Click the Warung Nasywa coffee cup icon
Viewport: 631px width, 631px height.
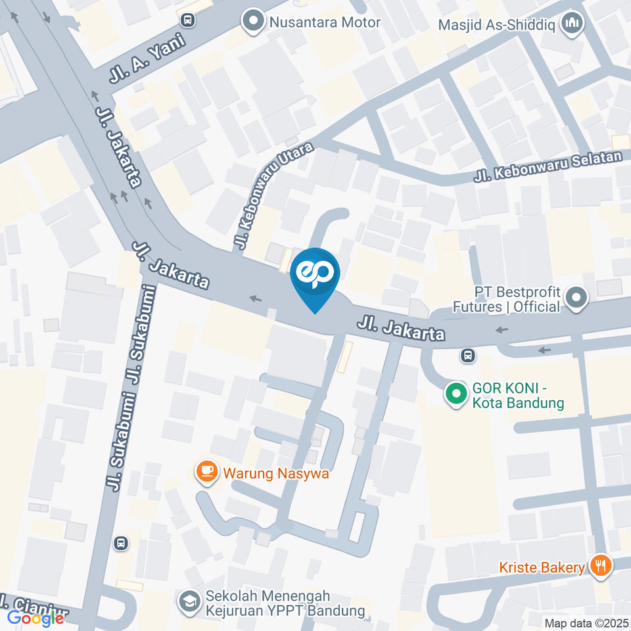point(208,471)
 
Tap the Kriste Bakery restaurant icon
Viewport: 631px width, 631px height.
point(600,565)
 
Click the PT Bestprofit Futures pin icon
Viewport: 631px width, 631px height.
point(576,298)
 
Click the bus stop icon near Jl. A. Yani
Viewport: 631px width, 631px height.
point(189,20)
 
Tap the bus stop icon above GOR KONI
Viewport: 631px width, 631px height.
point(467,356)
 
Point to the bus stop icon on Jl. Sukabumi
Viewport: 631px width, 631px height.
point(120,543)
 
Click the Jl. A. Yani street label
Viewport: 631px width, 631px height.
point(149,58)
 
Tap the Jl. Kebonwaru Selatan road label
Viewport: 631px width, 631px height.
point(548,168)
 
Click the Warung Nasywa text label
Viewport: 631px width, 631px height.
point(275,473)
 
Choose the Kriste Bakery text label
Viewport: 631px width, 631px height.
point(542,567)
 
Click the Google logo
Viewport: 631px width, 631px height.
point(35,618)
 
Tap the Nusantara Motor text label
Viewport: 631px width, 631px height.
point(325,22)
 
